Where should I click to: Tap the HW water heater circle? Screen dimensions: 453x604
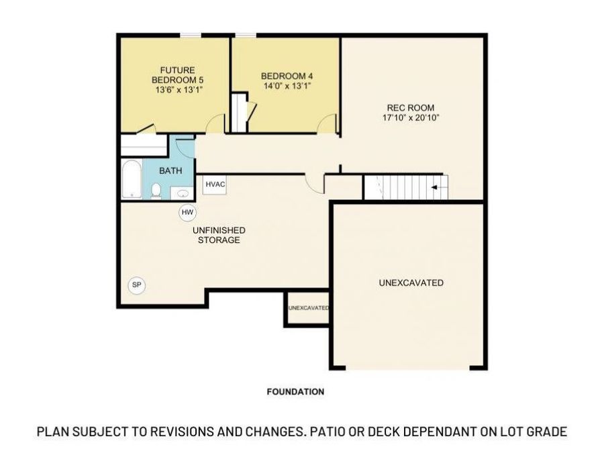click(187, 213)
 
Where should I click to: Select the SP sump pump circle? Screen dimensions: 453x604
click(137, 285)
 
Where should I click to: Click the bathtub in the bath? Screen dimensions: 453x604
click(132, 179)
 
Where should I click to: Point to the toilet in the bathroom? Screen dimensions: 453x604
click(156, 192)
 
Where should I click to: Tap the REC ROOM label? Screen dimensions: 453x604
click(410, 107)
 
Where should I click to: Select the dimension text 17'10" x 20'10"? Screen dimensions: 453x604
click(410, 117)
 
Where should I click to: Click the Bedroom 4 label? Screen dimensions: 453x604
click(287, 76)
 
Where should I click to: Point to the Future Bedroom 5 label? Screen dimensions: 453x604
click(177, 74)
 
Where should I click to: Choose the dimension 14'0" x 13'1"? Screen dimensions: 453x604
click(287, 86)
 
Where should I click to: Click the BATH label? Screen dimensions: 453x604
click(170, 171)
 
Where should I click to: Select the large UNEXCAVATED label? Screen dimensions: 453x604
click(411, 283)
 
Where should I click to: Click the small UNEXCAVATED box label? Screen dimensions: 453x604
click(308, 308)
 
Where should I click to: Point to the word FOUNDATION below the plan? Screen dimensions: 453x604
click(295, 391)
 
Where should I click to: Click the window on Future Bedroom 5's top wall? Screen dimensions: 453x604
click(191, 35)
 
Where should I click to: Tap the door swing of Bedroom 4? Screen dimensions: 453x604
click(328, 124)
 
